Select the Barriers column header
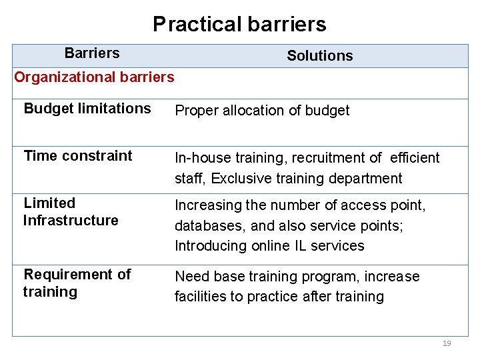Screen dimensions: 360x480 point(92,53)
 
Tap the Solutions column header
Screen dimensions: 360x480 point(319,56)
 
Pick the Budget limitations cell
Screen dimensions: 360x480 point(87,109)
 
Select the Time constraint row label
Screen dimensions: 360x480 point(78,156)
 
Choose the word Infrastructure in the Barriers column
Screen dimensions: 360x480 point(71,221)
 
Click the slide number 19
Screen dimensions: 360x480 point(447,343)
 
